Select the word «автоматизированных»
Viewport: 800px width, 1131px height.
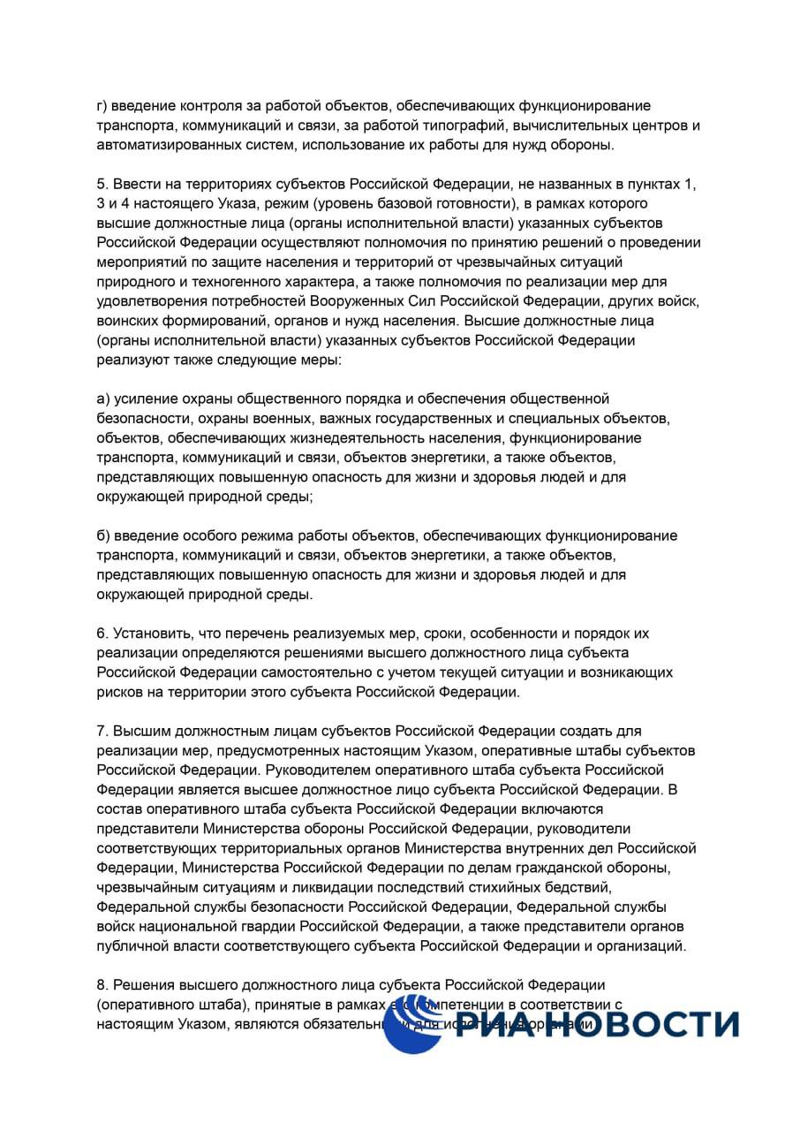click(162, 145)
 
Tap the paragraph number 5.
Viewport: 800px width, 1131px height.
click(102, 184)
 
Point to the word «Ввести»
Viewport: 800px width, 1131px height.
click(132, 184)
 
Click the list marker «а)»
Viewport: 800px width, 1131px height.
click(103, 399)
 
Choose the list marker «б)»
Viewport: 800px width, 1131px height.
click(103, 535)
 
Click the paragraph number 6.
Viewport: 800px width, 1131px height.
click(102, 634)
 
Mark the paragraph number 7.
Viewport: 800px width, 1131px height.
click(102, 731)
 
